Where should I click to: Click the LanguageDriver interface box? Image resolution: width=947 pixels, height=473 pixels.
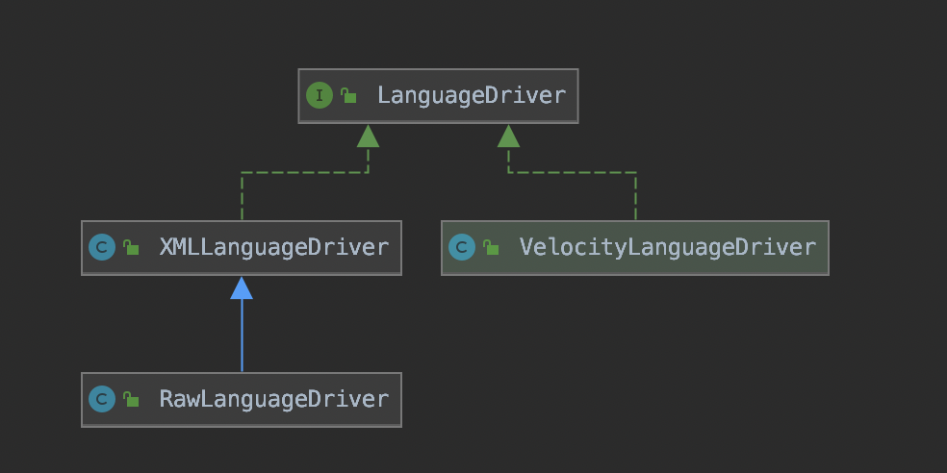click(x=438, y=96)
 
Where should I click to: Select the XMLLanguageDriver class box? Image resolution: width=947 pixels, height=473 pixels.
click(x=241, y=248)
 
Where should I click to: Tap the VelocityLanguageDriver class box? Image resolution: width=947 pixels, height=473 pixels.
click(x=634, y=248)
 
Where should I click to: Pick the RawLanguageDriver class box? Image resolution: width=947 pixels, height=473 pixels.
click(x=241, y=400)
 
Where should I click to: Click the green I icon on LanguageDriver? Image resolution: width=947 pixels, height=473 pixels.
click(x=319, y=95)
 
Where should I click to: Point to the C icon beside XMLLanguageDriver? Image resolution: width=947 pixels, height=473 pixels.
click(x=102, y=248)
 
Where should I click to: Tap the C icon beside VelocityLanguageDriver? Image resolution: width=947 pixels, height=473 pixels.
click(x=462, y=248)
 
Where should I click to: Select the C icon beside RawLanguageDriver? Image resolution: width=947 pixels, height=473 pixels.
click(x=102, y=399)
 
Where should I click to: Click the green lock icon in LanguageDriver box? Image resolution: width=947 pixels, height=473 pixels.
click(x=348, y=95)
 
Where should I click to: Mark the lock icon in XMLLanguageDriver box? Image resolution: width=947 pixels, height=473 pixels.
click(x=131, y=248)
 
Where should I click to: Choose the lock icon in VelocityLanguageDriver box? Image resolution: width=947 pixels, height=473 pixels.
click(x=491, y=248)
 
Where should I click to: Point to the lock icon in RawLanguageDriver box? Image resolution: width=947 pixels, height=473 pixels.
click(x=131, y=399)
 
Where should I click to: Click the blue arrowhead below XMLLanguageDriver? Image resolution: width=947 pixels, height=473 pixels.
click(x=242, y=287)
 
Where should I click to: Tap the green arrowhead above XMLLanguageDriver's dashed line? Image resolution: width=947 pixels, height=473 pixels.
click(x=368, y=136)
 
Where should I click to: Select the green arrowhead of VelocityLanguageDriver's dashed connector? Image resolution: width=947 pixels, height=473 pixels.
click(x=509, y=136)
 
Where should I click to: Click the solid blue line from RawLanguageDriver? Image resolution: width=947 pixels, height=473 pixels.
click(x=242, y=336)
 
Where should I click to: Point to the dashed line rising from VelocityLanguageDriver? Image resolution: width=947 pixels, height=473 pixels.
click(x=635, y=197)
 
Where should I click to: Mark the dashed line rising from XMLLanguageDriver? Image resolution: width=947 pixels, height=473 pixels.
click(x=242, y=197)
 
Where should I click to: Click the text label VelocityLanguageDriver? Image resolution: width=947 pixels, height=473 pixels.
click(x=667, y=248)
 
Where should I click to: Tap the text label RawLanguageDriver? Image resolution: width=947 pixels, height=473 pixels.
click(x=273, y=400)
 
